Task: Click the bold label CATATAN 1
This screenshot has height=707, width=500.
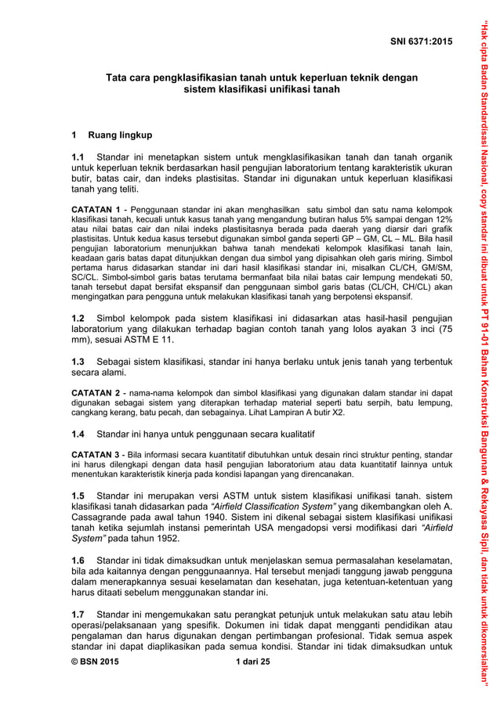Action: point(96,210)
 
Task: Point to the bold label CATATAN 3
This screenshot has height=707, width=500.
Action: point(96,454)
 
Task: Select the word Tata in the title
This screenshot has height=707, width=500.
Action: point(118,78)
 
